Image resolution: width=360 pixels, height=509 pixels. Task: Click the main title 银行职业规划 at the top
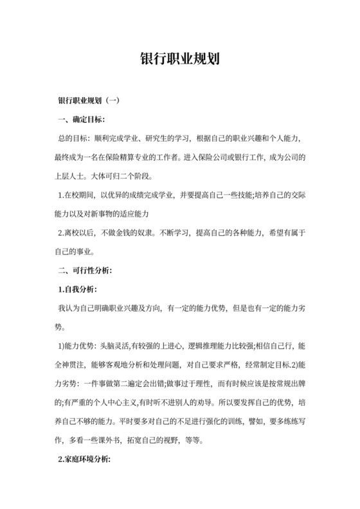tap(180, 58)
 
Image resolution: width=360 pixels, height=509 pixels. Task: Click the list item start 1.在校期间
tap(77, 195)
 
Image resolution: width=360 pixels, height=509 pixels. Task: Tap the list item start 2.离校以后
tap(77, 232)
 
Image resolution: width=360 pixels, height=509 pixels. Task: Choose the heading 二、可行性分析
tap(85, 269)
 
